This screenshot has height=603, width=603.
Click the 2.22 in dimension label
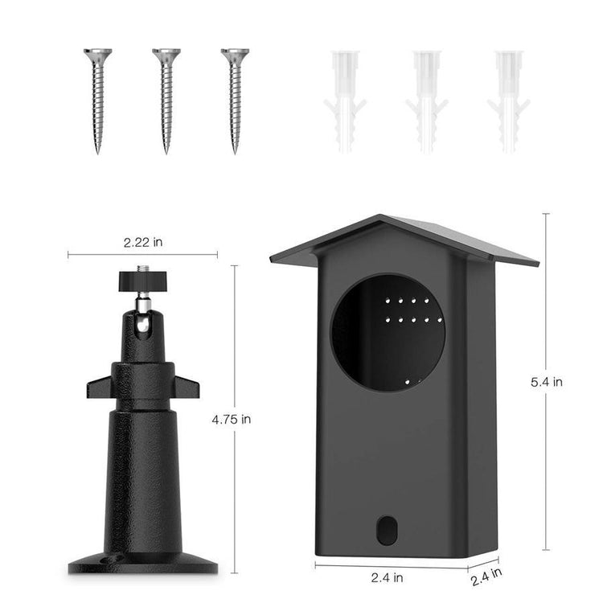(x=142, y=240)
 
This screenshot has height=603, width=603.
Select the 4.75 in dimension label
(x=232, y=418)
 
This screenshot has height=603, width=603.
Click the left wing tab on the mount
(x=98, y=387)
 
